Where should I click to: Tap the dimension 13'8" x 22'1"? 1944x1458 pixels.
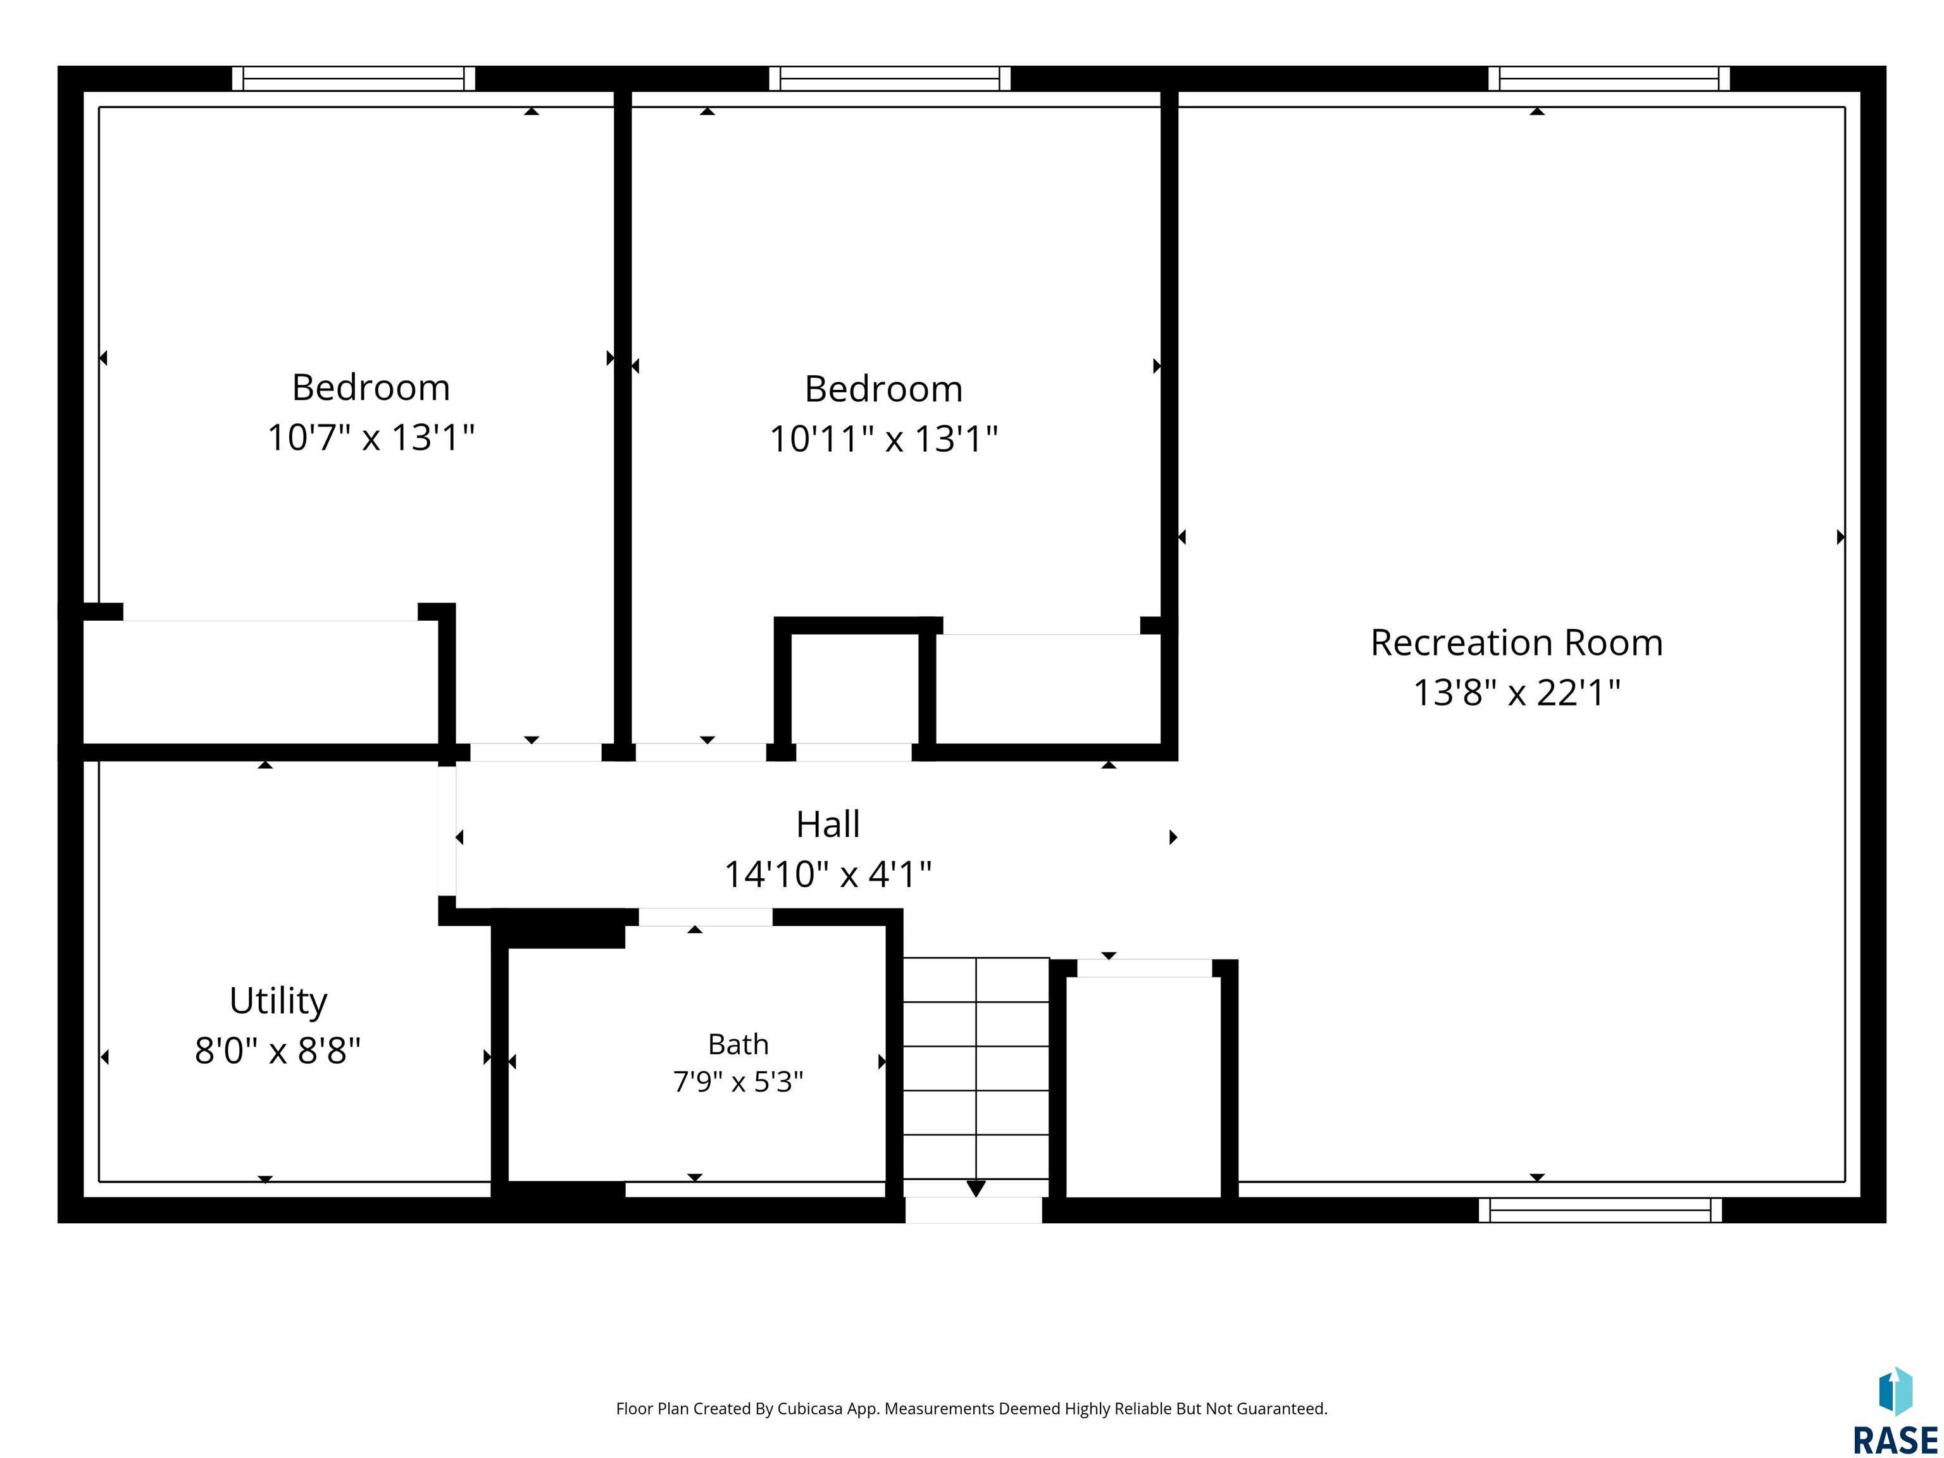1516,692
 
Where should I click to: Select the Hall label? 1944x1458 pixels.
828,825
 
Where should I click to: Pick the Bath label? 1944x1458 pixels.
738,1044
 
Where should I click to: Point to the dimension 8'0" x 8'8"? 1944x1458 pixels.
278,1051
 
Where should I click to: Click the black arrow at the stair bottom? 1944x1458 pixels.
976,1188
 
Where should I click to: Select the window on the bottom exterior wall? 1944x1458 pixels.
1600,1210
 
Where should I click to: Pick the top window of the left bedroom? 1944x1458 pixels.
353,78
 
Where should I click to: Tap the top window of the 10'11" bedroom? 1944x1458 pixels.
889,78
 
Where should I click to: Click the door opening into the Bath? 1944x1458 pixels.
705,917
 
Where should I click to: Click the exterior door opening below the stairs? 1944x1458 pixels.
974,1210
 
